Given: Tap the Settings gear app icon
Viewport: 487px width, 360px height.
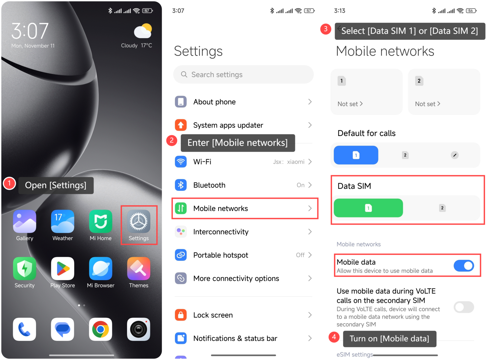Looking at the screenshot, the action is coord(138,221).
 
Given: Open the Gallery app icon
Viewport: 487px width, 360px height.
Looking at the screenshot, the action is coord(25,221).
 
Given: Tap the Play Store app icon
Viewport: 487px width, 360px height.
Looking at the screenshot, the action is coord(63,268).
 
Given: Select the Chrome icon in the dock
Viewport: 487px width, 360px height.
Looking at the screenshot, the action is coord(100,329).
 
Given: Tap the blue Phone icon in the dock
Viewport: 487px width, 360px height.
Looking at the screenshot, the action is coord(25,329).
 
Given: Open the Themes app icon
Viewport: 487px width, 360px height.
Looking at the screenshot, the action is coord(138,268).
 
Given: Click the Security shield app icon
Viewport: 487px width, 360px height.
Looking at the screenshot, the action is coord(25,268).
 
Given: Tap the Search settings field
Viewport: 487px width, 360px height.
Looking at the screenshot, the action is coord(243,75).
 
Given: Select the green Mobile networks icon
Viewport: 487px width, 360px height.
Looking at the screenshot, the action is coord(181,208).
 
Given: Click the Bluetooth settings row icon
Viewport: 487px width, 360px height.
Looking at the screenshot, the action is coord(181,185).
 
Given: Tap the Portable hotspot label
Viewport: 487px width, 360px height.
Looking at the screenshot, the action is coord(221,255).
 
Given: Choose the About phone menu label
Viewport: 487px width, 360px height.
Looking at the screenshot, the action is coord(214,102).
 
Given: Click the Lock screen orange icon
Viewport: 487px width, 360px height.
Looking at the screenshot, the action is coord(181,315).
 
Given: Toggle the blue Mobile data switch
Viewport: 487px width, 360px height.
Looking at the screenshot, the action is coord(463,265).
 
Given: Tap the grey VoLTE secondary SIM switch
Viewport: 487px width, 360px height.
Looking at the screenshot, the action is coord(463,307).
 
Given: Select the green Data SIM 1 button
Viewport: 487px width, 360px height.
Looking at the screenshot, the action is coord(368,208).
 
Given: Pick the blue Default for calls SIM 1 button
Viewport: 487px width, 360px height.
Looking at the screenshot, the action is coord(356,155).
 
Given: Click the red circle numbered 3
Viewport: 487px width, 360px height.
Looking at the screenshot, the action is coord(326,29).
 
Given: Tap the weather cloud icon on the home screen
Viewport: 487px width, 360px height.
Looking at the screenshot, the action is coord(143,31).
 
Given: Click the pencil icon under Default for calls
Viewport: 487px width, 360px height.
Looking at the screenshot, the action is coord(455,155).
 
